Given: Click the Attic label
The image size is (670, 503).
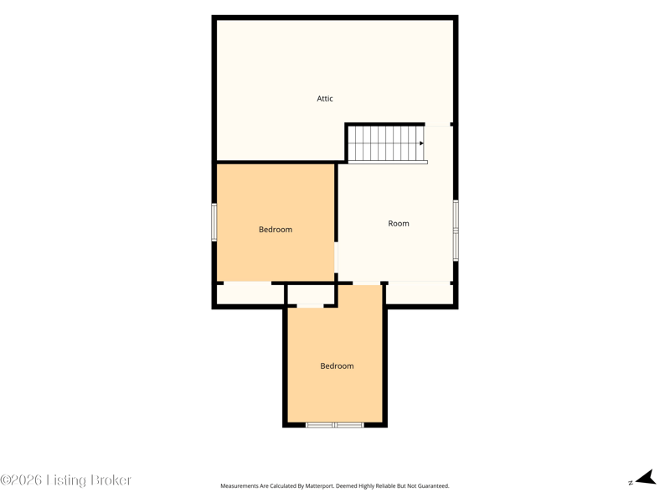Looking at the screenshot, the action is point(325,98).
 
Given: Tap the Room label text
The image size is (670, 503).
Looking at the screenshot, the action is point(399,223).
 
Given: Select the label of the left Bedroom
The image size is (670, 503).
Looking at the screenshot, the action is point(276,229).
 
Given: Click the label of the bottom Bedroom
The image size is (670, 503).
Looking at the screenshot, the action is point(337,366).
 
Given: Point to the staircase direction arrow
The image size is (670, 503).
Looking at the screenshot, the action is point(421,143).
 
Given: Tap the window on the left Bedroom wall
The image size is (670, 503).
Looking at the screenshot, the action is point(214,222).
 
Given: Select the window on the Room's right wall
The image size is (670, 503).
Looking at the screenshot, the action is point(456,230).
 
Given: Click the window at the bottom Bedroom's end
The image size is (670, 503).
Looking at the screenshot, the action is point(335,425).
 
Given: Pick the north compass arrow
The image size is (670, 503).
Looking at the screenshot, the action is point(647,478).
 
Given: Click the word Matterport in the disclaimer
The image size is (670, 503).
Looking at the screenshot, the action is point(319,486).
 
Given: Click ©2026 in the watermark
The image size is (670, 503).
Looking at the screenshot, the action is point(21,480).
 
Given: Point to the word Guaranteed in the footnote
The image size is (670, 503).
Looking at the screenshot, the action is point(433,486).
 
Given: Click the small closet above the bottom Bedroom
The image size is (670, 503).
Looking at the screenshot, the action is point(311,295).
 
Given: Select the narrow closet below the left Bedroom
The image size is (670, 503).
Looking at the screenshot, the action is point(250,294).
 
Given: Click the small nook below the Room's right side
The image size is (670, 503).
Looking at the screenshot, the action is point(420,293).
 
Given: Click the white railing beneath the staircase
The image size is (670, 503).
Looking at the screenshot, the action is point(388,162).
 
